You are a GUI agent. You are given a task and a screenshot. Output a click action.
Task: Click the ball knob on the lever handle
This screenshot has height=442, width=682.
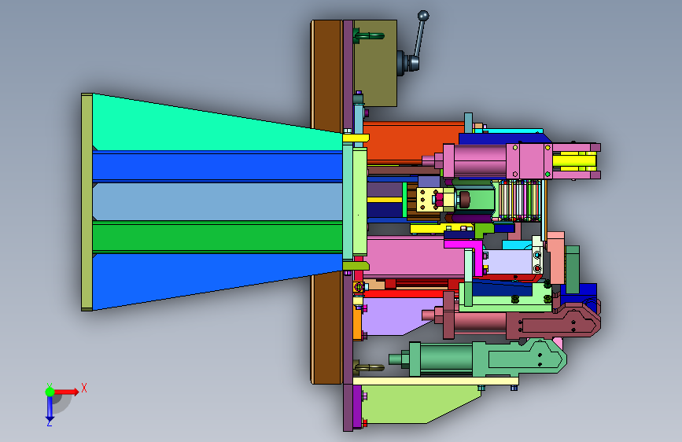423,16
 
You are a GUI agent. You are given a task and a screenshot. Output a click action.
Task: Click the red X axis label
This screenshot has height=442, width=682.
84,388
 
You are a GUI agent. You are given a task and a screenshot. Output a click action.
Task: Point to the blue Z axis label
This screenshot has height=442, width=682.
49,422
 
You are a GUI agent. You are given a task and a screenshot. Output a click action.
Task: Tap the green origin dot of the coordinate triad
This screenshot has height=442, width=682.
50,392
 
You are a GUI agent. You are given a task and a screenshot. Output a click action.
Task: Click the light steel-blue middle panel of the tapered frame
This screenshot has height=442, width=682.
217,201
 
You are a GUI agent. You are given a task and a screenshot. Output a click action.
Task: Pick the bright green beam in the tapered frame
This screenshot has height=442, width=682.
217,237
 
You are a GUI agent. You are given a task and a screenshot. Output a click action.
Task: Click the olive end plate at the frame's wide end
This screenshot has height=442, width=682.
87,202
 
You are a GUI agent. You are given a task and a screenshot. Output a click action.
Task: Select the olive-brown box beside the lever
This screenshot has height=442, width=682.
375,63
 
